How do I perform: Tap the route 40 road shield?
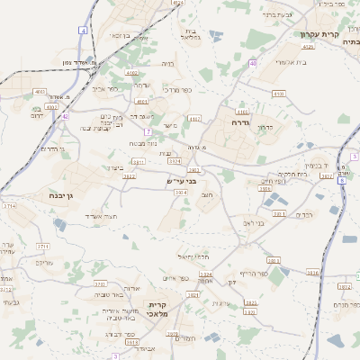(x=254, y=63)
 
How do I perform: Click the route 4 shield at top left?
(x=83, y=30)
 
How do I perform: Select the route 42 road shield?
(x=65, y=116)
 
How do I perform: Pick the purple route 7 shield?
(x=147, y=131)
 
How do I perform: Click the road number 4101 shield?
(x=278, y=94)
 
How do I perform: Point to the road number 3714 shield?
(x=10, y=206)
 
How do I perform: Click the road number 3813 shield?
(x=274, y=260)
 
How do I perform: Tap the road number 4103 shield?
(x=39, y=92)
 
